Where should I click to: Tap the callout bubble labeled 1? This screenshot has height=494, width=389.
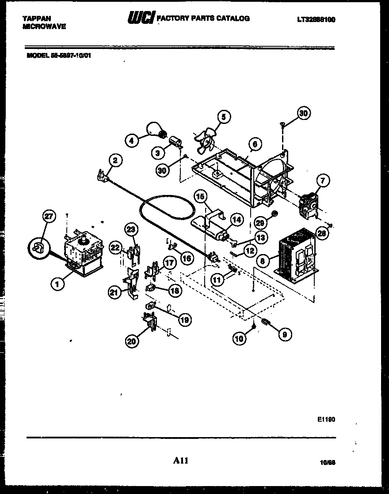pyautogui.click(x=57, y=285)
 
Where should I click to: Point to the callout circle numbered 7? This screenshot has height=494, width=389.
pyautogui.click(x=323, y=180)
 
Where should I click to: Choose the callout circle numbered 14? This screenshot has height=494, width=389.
pyautogui.click(x=237, y=219)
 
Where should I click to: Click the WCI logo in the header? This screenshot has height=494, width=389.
pyautogui.click(x=139, y=19)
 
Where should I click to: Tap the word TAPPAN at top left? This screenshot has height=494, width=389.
pyautogui.click(x=36, y=19)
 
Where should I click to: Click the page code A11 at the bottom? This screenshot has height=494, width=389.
pyautogui.click(x=181, y=461)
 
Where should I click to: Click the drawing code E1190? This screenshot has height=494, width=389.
pyautogui.click(x=326, y=419)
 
